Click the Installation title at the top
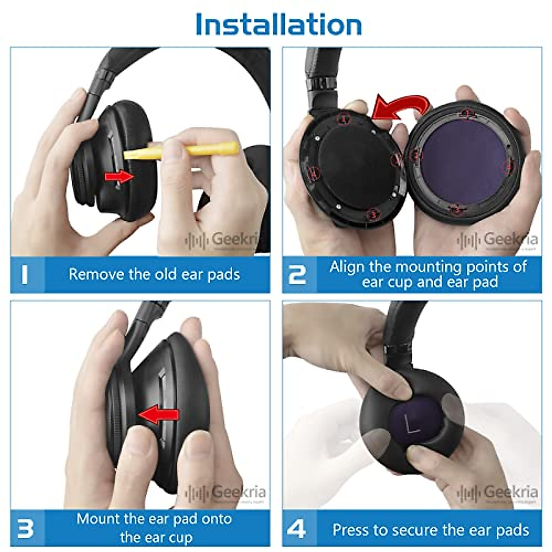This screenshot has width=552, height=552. (x=278, y=24)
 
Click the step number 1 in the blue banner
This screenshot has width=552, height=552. (x=24, y=274)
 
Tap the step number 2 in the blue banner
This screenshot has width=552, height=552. (x=297, y=274)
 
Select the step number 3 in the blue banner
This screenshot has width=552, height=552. (x=25, y=528)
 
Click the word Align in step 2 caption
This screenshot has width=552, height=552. (x=347, y=267)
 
